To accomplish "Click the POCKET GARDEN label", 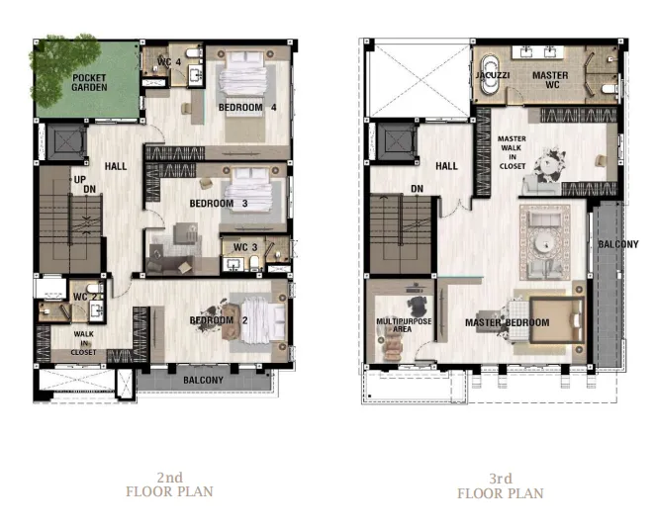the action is [89, 83].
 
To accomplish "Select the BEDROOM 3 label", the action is [218, 204].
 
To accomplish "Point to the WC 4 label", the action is [169, 62].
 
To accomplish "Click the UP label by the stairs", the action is [80, 180].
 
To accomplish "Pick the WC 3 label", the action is [245, 247].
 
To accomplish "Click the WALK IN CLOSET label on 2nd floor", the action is [83, 343].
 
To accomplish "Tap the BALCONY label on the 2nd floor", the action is [203, 380].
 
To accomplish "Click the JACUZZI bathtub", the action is [489, 75].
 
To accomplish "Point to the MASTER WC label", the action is [550, 80].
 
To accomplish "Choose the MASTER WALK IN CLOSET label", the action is [512, 152].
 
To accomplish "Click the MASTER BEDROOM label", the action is [508, 322].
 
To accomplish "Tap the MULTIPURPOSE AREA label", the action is [404, 325].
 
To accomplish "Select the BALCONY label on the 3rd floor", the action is [618, 244].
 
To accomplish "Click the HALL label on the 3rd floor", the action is [446, 166].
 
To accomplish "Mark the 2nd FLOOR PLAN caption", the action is [169, 484].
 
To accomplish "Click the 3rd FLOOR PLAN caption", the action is [501, 485].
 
